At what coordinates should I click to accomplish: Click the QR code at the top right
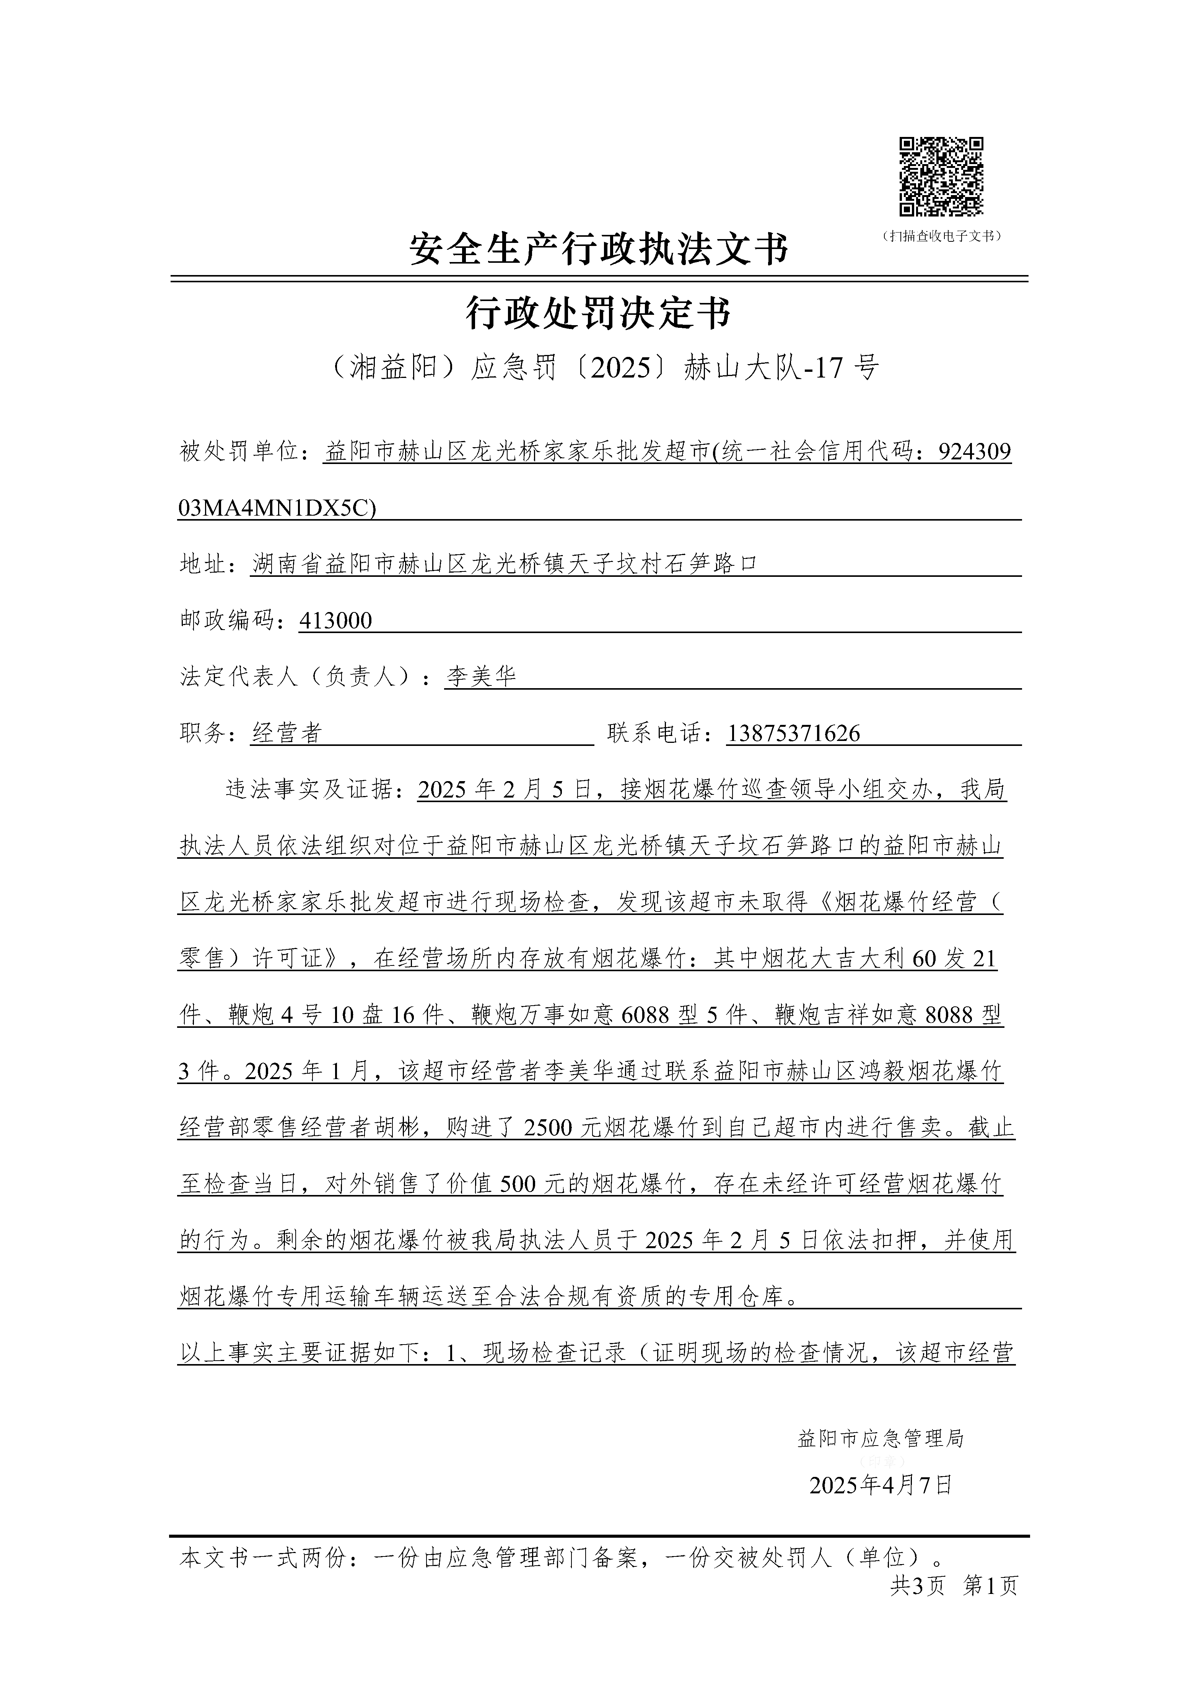941,177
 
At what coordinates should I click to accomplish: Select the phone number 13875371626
793,733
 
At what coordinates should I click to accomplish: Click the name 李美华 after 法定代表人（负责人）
481,676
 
